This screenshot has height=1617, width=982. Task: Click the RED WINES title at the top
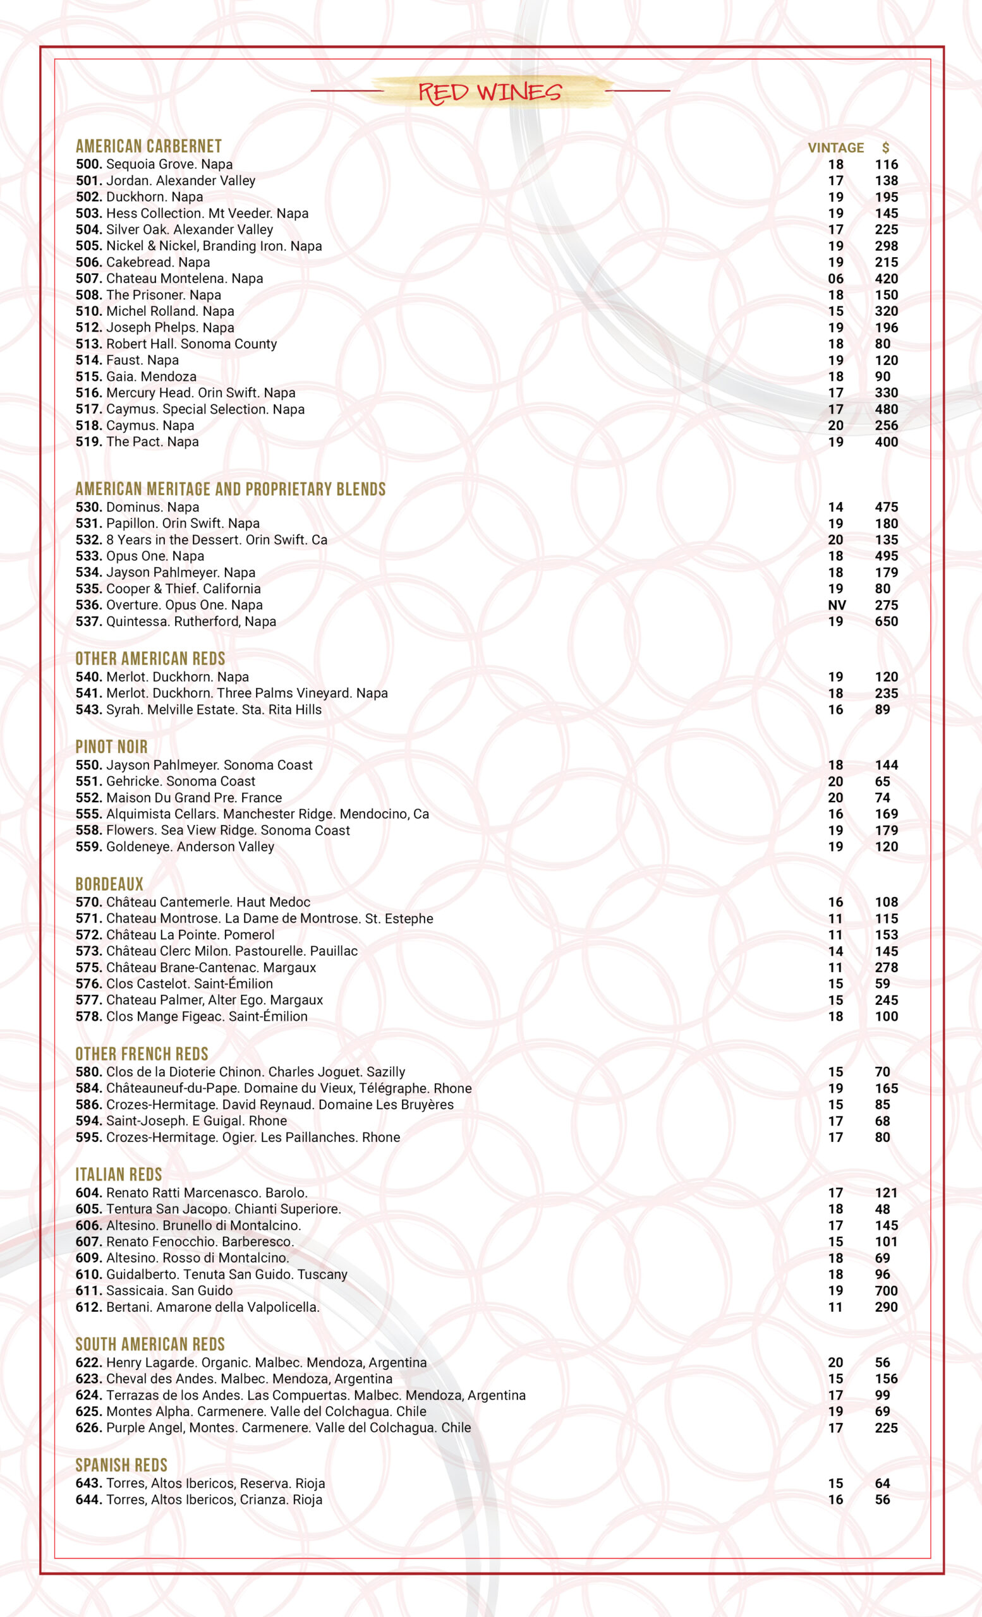(x=490, y=92)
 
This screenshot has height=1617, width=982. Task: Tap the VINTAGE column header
(x=835, y=148)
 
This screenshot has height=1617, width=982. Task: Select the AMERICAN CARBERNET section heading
(x=149, y=147)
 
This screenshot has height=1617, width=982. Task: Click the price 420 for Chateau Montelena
(x=885, y=279)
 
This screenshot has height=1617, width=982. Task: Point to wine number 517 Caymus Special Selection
(x=190, y=409)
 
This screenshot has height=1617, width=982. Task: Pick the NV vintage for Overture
(x=836, y=605)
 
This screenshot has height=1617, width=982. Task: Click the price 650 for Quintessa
(x=885, y=622)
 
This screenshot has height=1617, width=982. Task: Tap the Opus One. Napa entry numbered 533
(x=140, y=556)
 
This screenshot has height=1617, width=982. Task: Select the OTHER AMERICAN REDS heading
(x=150, y=659)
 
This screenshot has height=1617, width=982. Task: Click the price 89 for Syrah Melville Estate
(x=882, y=709)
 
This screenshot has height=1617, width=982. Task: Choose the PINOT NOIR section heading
(x=111, y=747)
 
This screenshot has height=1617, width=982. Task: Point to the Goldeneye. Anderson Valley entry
(x=174, y=846)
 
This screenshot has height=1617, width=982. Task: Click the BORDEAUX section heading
(x=109, y=884)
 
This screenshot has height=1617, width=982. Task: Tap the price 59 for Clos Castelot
(x=882, y=983)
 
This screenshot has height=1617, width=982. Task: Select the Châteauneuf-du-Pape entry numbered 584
(x=273, y=1088)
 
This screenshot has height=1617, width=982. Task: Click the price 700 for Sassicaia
(x=885, y=1291)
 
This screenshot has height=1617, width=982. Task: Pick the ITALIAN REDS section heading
(x=118, y=1175)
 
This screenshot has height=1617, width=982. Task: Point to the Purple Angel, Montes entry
(x=273, y=1428)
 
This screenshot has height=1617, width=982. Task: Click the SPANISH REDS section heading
(x=121, y=1465)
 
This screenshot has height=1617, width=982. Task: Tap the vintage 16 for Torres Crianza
(x=835, y=1500)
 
